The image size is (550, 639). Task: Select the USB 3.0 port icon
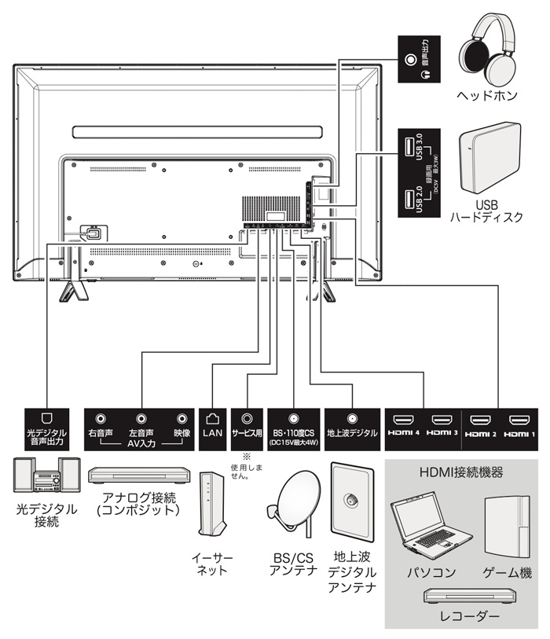[407, 147]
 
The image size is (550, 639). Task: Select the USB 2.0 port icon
[407, 199]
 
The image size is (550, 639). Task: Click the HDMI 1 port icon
[519, 420]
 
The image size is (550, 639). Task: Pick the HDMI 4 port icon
[405, 420]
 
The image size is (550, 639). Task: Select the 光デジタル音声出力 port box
[47, 428]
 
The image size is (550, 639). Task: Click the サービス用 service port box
[248, 428]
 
